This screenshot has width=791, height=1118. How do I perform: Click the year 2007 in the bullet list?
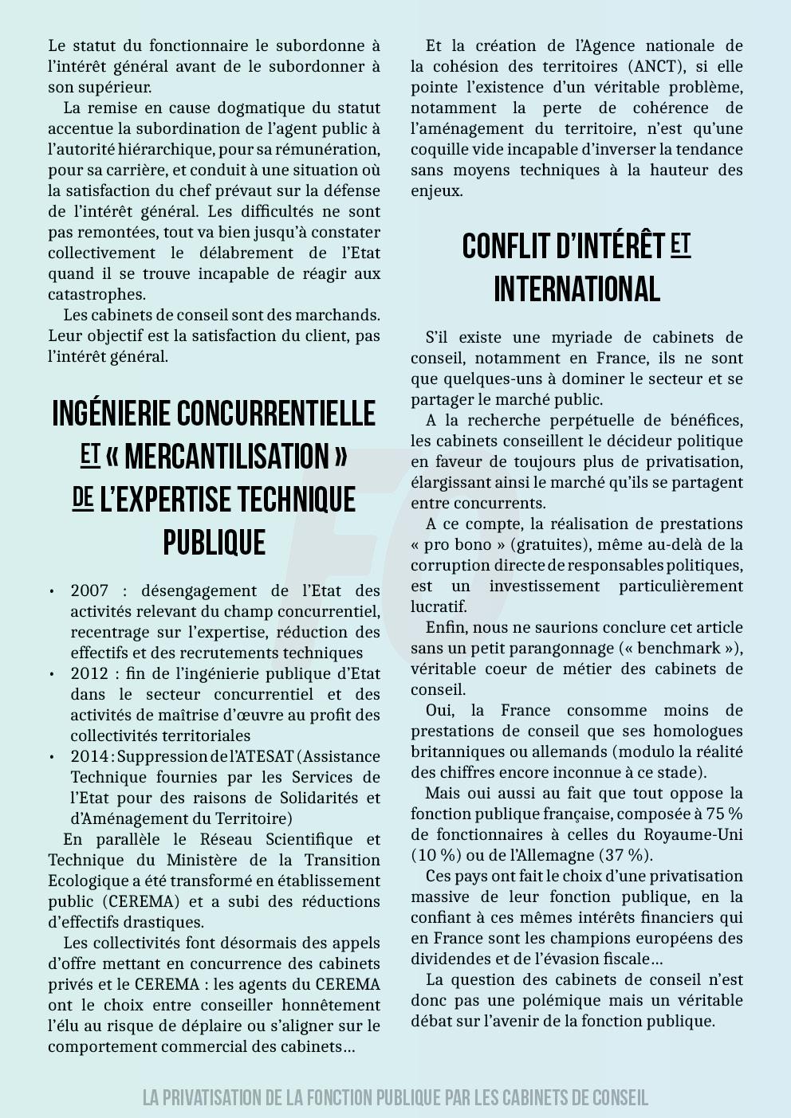point(89,590)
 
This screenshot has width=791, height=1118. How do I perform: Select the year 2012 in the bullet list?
point(89,673)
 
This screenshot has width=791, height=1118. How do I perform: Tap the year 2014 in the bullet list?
point(89,756)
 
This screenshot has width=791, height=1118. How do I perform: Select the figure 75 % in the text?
point(723,814)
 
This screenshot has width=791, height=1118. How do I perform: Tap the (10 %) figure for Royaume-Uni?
point(435,855)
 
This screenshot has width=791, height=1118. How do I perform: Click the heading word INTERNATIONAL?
point(577,289)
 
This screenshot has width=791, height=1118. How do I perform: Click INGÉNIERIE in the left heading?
point(112,414)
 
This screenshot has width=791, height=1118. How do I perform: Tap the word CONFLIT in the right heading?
point(502,247)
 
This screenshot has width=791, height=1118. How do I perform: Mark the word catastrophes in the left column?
point(96,294)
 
